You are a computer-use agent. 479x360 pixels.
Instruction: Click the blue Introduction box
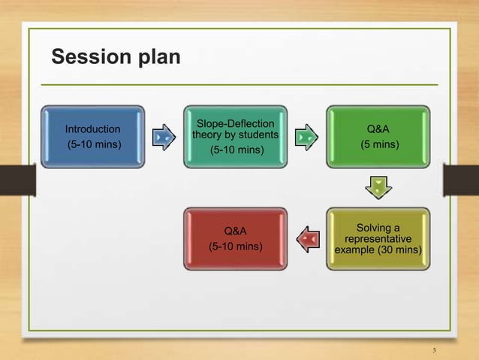coord(93,136)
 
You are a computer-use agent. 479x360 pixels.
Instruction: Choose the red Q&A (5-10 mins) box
coord(237,239)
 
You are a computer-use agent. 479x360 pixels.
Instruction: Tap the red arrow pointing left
coord(308,239)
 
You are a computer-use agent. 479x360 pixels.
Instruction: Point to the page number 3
coord(435,350)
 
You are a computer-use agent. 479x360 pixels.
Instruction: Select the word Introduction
coord(93,129)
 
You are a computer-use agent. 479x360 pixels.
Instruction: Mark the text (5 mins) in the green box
coord(379,144)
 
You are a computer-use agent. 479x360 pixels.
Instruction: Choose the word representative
coord(378,238)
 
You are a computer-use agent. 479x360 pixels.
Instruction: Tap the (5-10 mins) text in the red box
coord(236,245)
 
